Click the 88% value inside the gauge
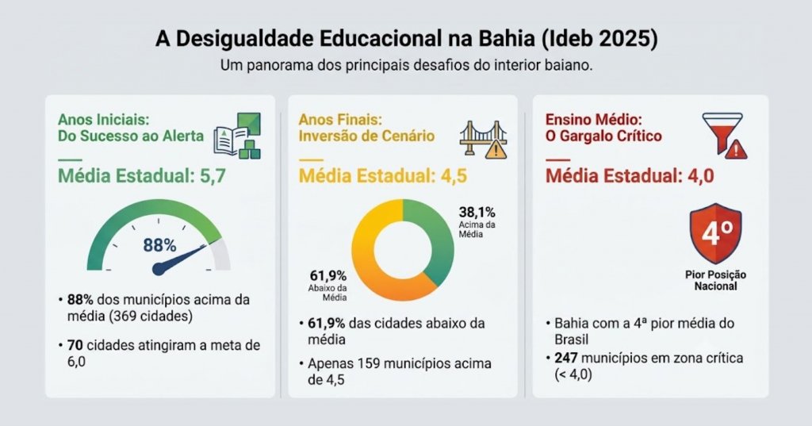tap(159, 245)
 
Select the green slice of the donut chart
tap(429, 240)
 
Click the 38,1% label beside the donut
tap(477, 213)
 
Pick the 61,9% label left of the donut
tap(328, 276)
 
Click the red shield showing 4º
tap(715, 233)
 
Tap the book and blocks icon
tap(237, 136)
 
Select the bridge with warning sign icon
tap(483, 139)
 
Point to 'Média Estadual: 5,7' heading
tap(142, 176)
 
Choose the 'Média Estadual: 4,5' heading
tap(383, 176)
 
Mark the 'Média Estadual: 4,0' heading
tap(630, 176)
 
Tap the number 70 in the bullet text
tap(75, 345)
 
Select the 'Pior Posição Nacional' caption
tap(716, 280)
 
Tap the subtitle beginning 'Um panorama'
tap(407, 67)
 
